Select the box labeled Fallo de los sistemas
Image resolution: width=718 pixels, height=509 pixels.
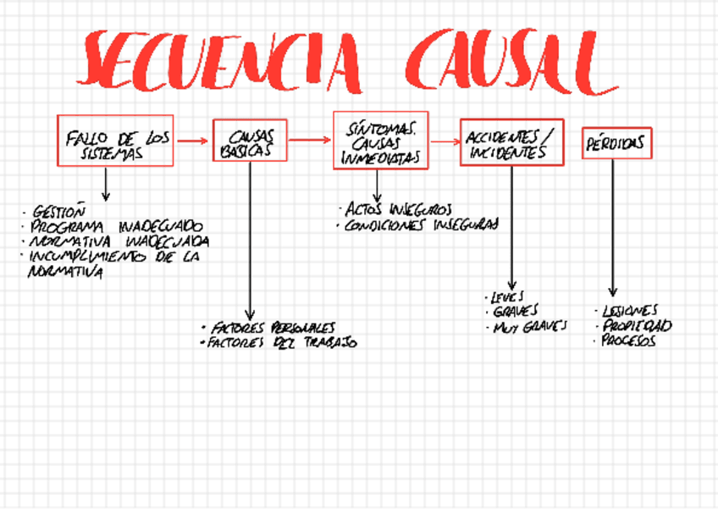coord(115,141)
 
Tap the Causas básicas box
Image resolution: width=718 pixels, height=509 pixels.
coord(250,141)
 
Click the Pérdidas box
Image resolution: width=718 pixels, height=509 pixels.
coord(616,143)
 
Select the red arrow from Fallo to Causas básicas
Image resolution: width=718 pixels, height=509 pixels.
coord(192,141)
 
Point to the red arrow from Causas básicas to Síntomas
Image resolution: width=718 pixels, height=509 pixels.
coord(310,141)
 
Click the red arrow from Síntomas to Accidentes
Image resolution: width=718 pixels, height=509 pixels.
coord(444,141)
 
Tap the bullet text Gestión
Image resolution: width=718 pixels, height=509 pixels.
coord(58,212)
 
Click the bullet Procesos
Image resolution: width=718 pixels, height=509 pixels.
coord(627,341)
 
